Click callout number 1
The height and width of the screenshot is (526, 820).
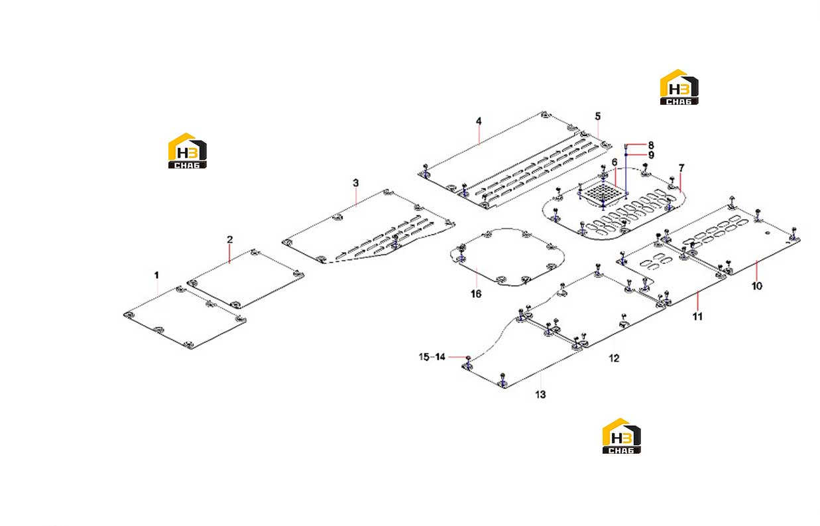(156, 275)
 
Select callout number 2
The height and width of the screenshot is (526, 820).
(230, 239)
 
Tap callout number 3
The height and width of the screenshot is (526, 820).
(356, 183)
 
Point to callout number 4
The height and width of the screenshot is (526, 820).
(479, 121)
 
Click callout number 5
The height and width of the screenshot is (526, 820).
(598, 116)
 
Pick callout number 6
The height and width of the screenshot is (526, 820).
(615, 162)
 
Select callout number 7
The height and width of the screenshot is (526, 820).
(681, 168)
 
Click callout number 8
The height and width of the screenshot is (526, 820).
(651, 145)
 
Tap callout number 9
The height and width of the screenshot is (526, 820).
(651, 155)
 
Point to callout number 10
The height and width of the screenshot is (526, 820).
(757, 286)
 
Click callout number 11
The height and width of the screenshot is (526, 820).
(698, 316)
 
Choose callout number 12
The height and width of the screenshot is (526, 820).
(614, 358)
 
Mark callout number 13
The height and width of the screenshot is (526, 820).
(540, 395)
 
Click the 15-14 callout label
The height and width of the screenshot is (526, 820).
(432, 357)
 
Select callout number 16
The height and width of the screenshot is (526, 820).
(476, 294)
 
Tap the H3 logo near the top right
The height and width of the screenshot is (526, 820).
(679, 87)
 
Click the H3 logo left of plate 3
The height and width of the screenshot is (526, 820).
(188, 151)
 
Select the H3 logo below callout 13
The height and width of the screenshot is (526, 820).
(622, 436)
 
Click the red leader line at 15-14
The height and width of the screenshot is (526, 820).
(457, 357)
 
